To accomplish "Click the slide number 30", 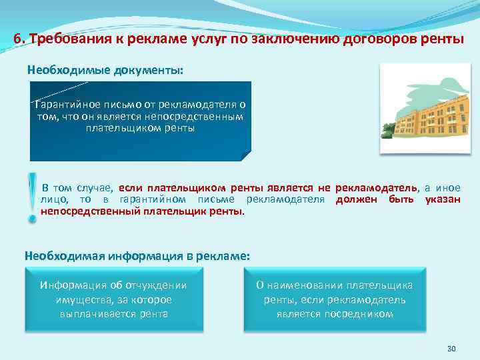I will [x=450, y=349].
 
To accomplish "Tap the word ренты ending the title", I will [x=442, y=38].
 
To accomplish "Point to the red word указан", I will [x=443, y=199].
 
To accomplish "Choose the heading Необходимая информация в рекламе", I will [x=137, y=255].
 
